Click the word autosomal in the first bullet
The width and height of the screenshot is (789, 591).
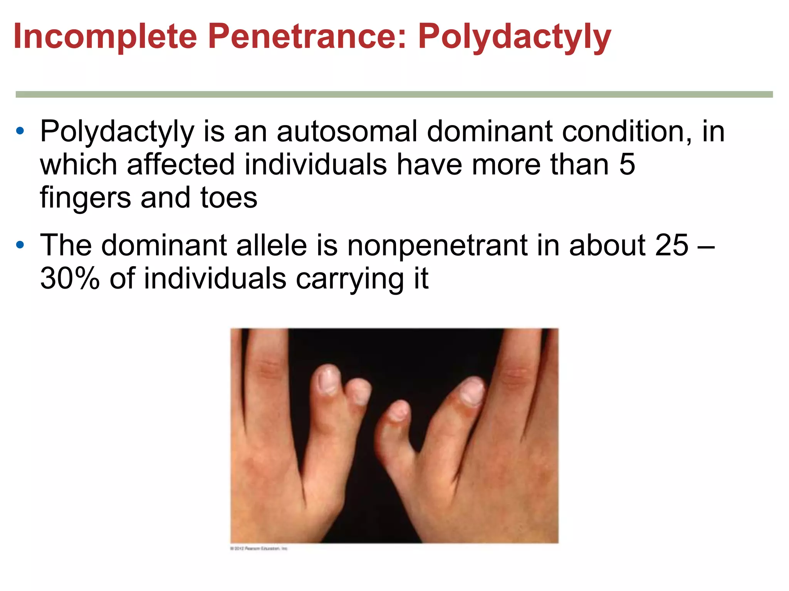point(347,131)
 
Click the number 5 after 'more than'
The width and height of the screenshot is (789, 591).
point(627,165)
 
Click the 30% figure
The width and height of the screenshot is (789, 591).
point(70,279)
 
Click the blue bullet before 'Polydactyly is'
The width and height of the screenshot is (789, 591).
point(20,132)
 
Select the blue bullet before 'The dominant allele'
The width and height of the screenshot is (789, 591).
point(20,245)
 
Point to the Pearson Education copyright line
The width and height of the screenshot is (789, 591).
point(259,548)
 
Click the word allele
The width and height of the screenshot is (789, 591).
point(271,245)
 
